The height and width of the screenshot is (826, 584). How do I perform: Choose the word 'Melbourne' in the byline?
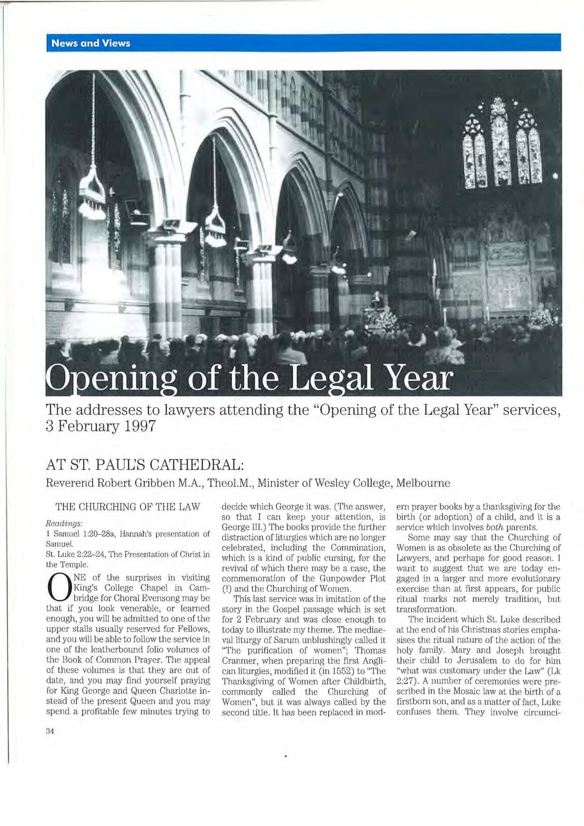(x=423, y=483)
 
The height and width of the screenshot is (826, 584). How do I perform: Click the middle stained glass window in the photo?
(x=500, y=146)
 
